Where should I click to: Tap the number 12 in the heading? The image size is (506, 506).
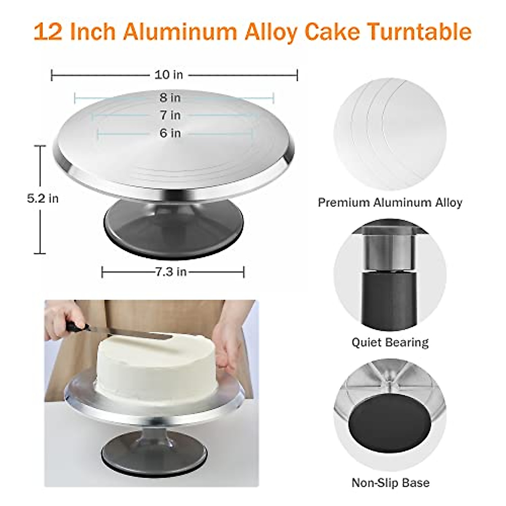pyautogui.click(x=48, y=32)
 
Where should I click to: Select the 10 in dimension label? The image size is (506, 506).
pyautogui.click(x=169, y=75)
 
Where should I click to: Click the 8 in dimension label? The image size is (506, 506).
pyautogui.click(x=170, y=97)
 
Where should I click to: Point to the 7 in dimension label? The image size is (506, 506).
pyautogui.click(x=170, y=115)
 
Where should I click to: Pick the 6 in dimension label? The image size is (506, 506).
pyautogui.click(x=170, y=133)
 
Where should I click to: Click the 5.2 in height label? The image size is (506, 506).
pyautogui.click(x=43, y=198)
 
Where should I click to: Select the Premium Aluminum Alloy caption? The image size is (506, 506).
pyautogui.click(x=390, y=202)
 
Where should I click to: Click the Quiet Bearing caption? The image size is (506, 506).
pyautogui.click(x=390, y=342)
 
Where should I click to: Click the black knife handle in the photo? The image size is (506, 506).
pyautogui.click(x=76, y=326)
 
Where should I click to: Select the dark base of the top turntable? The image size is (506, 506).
pyautogui.click(x=173, y=221)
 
